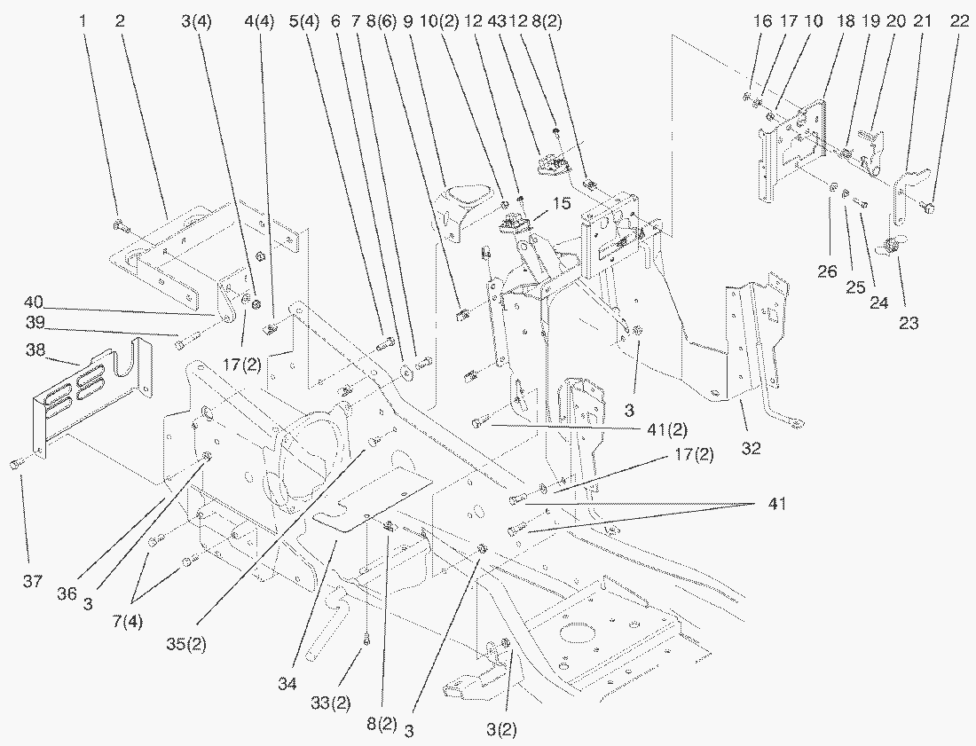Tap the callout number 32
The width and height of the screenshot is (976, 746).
pos(752,449)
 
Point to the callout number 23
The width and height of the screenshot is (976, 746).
pos(909,324)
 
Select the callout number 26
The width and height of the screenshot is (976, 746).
pos(826,272)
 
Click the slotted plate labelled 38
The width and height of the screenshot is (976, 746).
pos(89,390)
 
